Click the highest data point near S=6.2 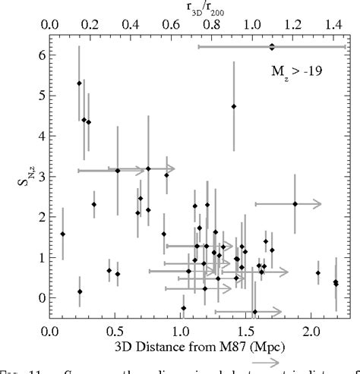point(272,47)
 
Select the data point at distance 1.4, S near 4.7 point(234,106)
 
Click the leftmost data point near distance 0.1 point(63,234)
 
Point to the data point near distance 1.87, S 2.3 point(295,203)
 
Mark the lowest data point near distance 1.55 point(255,312)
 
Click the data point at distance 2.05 point(318,273)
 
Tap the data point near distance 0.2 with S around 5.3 point(79,83)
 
